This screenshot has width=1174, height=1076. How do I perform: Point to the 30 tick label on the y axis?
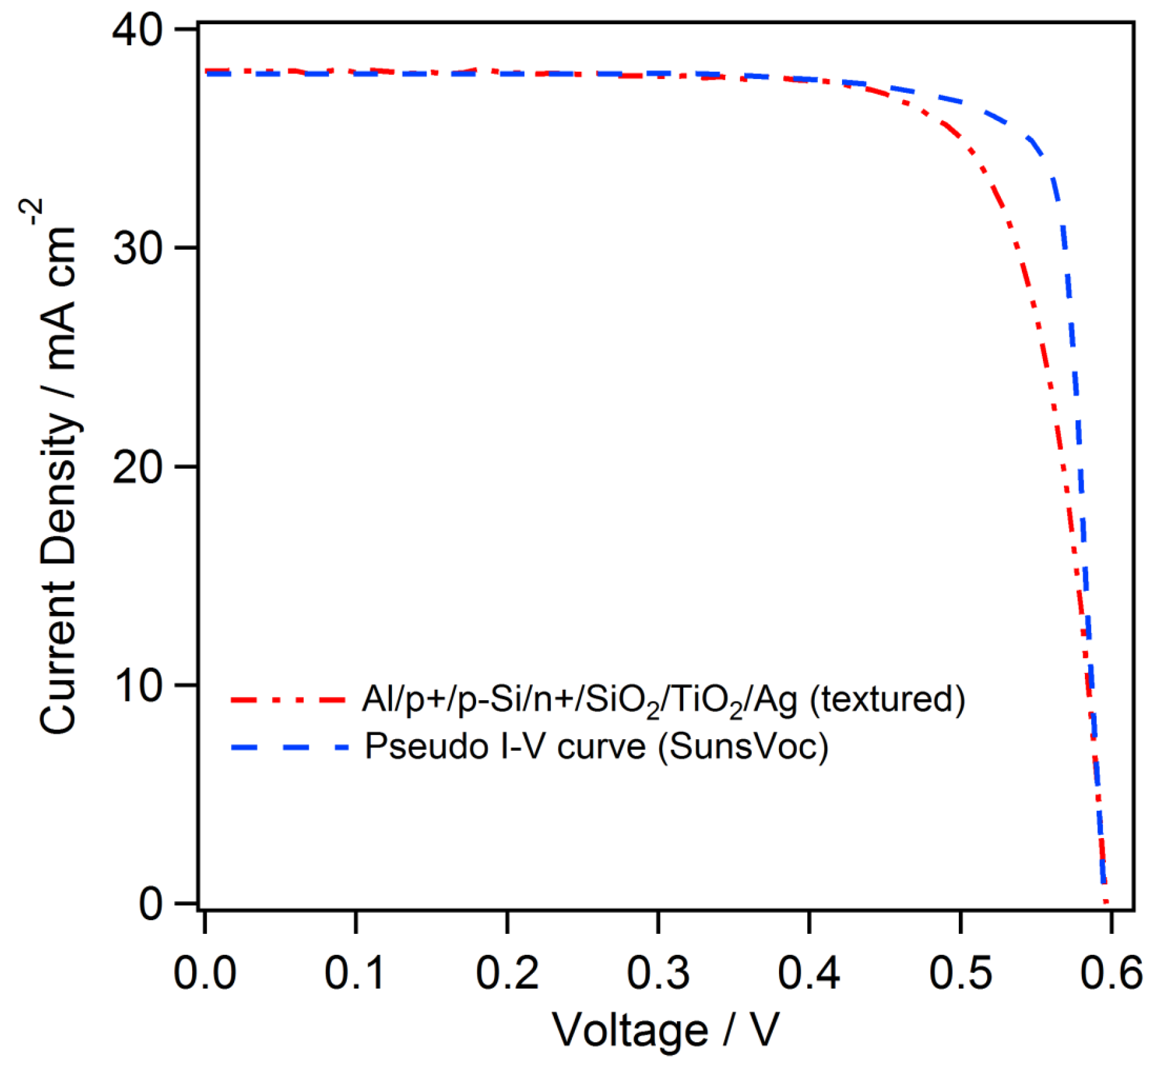click(x=137, y=248)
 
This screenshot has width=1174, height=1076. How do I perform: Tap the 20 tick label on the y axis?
click(x=137, y=467)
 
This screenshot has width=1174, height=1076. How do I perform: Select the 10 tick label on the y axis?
click(x=137, y=685)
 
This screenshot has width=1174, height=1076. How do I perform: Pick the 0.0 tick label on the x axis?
click(x=205, y=973)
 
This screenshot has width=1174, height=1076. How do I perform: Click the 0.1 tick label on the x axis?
click(x=355, y=973)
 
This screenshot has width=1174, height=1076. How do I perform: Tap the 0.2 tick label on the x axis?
click(x=507, y=973)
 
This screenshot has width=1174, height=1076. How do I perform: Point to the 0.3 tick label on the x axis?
click(x=658, y=973)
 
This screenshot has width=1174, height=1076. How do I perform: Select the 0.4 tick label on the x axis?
click(x=809, y=973)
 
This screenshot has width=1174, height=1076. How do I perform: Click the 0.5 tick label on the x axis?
click(x=960, y=973)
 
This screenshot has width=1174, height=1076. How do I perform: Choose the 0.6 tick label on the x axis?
click(x=1111, y=973)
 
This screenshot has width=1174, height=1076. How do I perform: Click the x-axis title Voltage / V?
click(x=665, y=1030)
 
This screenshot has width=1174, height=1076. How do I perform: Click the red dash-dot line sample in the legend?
click(x=288, y=700)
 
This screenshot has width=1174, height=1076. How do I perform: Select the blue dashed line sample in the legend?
click(x=288, y=747)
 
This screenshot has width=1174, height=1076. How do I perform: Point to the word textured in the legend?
click(x=887, y=699)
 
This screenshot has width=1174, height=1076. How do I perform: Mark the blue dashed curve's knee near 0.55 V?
click(x=1031, y=140)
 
